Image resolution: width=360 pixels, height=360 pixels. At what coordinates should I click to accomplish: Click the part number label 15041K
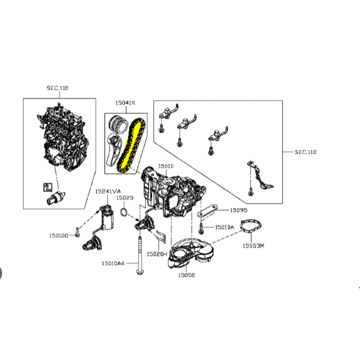[125, 103]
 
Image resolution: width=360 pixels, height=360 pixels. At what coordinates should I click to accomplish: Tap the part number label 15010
[166, 166]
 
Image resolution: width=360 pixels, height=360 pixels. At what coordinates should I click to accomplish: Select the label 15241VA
[108, 191]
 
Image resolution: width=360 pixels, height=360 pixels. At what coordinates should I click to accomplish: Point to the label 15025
[125, 198]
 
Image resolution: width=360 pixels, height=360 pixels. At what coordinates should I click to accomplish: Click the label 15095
[239, 210]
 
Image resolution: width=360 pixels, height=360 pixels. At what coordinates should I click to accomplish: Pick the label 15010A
[225, 227]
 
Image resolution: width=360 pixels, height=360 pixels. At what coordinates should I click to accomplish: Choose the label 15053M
[253, 246]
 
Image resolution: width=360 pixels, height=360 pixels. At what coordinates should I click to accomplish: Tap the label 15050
[186, 275]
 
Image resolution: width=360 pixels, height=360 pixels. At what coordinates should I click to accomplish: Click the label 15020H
[157, 254]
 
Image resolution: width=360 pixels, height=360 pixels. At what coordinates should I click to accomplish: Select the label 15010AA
[113, 264]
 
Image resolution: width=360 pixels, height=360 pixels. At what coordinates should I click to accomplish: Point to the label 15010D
[59, 235]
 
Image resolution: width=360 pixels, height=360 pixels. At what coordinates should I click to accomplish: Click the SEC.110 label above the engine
[57, 88]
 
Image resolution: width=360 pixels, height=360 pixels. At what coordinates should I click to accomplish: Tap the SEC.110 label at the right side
[306, 152]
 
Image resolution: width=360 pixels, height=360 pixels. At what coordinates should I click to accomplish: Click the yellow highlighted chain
[131, 145]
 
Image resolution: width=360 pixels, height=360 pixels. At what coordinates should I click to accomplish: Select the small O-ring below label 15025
[124, 212]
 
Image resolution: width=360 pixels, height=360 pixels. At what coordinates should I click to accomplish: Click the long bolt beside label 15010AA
[140, 256]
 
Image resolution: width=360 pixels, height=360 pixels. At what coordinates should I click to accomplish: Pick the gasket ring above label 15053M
[251, 226]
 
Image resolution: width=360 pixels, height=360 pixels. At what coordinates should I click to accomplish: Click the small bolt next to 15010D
[77, 232]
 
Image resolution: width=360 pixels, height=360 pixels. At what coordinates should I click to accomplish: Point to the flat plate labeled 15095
[207, 211]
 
